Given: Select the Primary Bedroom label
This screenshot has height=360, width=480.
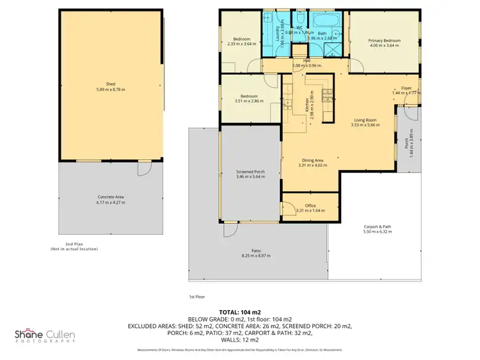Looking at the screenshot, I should [384, 40].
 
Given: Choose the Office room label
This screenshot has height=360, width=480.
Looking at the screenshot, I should [310, 205].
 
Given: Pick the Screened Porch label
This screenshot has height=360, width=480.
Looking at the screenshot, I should [250, 173].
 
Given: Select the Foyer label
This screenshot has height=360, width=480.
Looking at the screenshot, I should [406, 88].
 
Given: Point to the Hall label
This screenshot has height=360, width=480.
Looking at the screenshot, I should [307, 61].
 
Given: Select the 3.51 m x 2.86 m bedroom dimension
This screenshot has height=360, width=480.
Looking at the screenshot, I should [249, 101].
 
